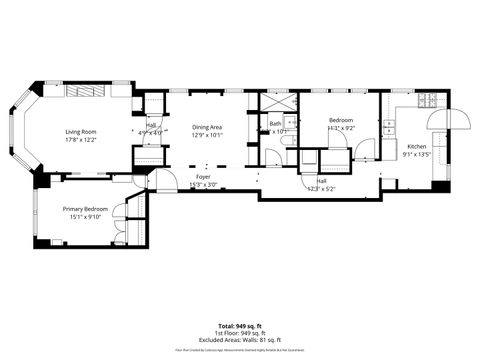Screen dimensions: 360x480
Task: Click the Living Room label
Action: click(80, 132)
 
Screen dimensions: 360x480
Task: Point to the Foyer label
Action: click(202, 176)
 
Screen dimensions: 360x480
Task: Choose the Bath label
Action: click(274, 123)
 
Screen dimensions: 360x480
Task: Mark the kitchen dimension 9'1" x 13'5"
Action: click(415, 155)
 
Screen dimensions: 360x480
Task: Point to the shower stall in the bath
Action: click(277, 100)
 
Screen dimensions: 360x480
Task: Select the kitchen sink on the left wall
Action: click(388, 127)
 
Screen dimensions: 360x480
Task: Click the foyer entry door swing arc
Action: click(159, 181)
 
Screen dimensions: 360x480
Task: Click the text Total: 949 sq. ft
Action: click(240, 326)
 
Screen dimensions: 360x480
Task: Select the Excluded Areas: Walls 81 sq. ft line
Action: click(240, 340)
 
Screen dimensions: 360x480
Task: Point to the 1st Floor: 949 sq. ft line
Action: click(240, 333)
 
